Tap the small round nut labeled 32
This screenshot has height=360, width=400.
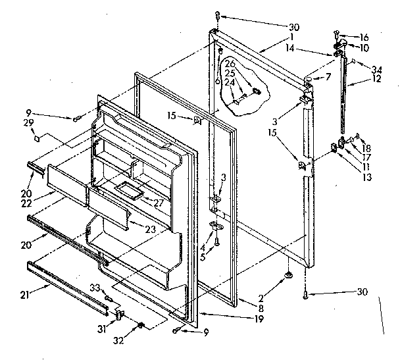140,326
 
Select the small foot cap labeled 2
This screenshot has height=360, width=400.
288,274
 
